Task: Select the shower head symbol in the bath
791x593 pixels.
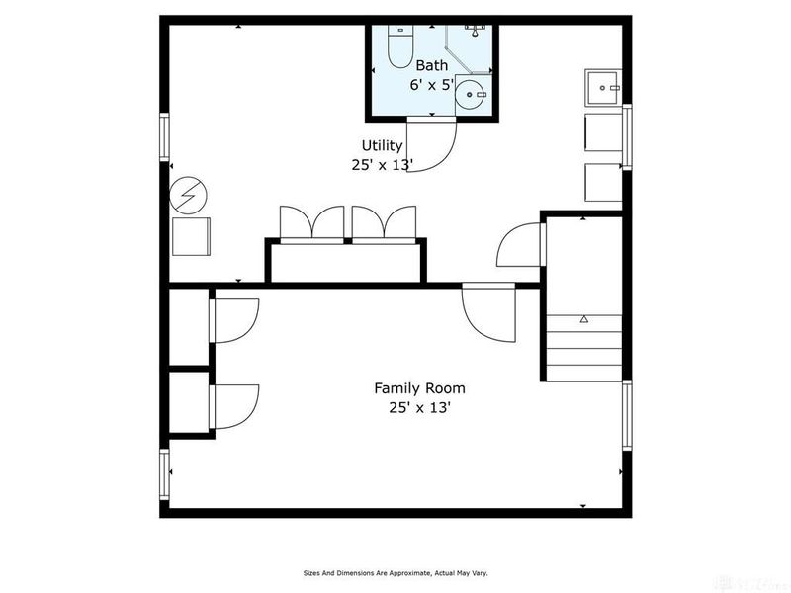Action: coord(475,31)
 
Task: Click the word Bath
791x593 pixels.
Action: coord(431,65)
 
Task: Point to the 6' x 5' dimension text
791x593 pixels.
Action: coord(431,85)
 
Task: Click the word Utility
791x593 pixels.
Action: coord(382,146)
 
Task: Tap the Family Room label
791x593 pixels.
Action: coord(419,388)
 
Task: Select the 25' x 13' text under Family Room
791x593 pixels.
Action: coord(419,407)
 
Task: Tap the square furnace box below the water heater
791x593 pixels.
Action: coord(191,236)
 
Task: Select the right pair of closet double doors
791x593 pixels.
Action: coord(384,223)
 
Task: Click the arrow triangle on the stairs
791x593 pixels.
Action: coord(584,319)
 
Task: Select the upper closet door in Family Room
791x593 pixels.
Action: coord(232,318)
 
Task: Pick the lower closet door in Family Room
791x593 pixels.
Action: coord(233,406)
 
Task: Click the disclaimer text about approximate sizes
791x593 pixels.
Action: coord(395,572)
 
